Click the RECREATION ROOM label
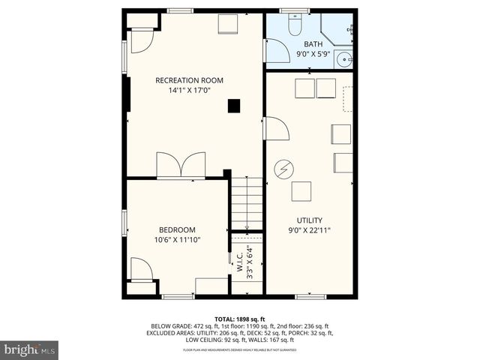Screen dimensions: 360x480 (x=189, y=80)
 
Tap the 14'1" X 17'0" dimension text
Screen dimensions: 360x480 (x=189, y=91)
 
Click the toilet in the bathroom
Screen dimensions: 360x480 (x=294, y=25)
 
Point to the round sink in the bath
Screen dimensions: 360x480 (x=344, y=58)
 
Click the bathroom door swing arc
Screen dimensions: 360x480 (x=277, y=51)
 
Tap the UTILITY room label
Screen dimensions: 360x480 (x=309, y=220)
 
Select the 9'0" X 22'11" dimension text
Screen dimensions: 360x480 (x=309, y=230)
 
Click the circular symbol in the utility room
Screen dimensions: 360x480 (x=283, y=169)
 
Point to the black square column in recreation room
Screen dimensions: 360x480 (x=235, y=106)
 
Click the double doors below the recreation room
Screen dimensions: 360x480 (x=181, y=165)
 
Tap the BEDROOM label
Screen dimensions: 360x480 (x=177, y=229)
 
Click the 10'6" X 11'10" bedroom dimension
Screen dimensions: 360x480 (x=177, y=240)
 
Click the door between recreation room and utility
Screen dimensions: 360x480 (x=276, y=129)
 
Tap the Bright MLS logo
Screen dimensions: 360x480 (x=30, y=349)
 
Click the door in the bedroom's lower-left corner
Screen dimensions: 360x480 (x=141, y=268)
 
